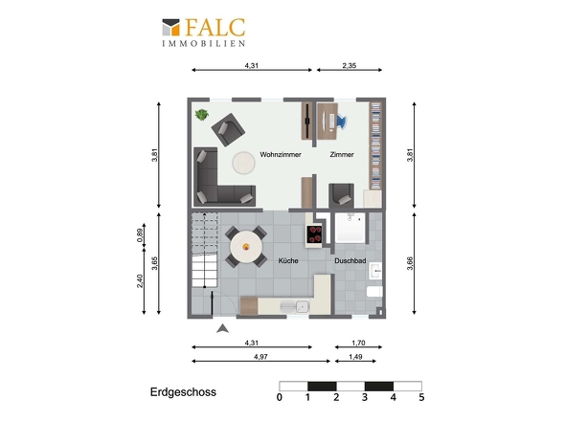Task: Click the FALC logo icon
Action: click(x=170, y=28)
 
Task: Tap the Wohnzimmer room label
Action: click(x=281, y=154)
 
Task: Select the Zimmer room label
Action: click(x=342, y=154)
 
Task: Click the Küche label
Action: click(x=288, y=260)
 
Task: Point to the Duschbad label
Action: click(x=350, y=261)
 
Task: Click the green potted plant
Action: click(x=202, y=115)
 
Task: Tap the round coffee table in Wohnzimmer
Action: click(x=243, y=164)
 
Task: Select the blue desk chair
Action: click(x=342, y=122)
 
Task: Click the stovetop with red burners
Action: click(x=314, y=234)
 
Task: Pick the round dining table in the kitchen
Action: click(x=246, y=247)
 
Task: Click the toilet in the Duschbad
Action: click(x=374, y=291)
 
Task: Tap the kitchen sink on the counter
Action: click(x=303, y=306)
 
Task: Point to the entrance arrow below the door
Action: click(x=222, y=328)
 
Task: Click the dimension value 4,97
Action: click(x=260, y=357)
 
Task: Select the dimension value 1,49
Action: click(x=355, y=357)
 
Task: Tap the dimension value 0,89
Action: click(x=140, y=235)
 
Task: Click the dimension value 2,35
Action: click(x=350, y=66)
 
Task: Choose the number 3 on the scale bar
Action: click(x=365, y=397)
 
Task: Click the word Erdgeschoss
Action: click(x=183, y=392)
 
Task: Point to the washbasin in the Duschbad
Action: click(x=375, y=270)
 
